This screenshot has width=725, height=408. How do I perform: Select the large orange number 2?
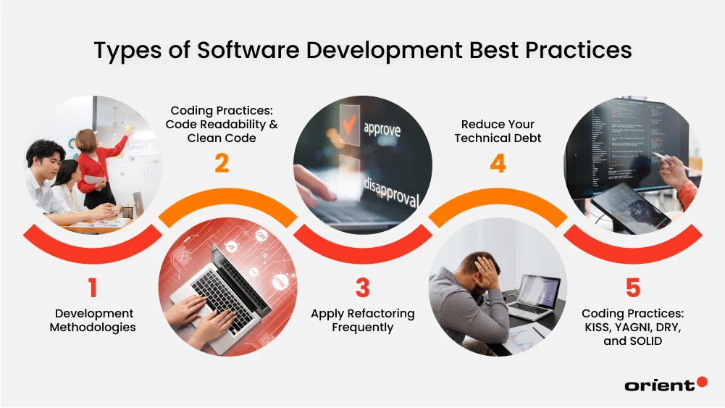click(222, 163)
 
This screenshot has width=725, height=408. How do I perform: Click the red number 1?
click(92, 288)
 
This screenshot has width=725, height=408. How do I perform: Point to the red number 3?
click(362, 288)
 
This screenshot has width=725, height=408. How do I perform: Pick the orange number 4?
click(498, 163)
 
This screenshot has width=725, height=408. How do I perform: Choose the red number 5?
click(632, 288)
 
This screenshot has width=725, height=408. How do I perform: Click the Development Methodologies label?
click(92, 320)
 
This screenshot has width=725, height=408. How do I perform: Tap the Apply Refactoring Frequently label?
click(362, 320)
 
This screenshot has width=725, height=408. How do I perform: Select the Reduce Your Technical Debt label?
click(498, 131)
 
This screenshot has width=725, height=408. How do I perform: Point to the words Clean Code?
click(222, 138)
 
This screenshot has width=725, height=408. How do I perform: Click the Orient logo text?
click(659, 386)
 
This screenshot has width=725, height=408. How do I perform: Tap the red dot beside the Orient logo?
click(701, 381)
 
